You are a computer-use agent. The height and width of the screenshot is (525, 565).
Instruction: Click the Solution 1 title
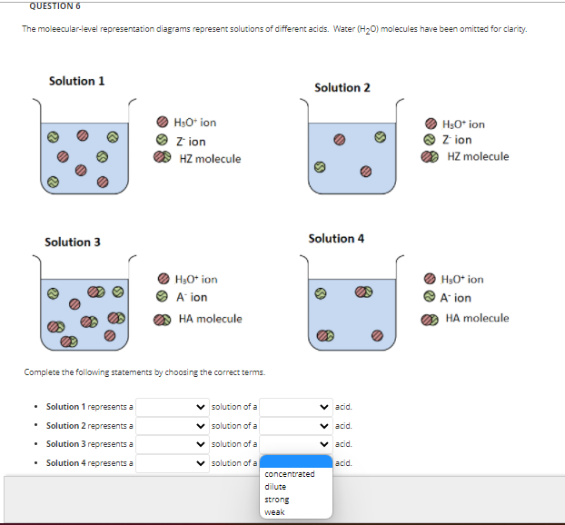(x=76, y=81)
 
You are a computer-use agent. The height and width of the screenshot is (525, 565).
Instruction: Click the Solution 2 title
(x=342, y=87)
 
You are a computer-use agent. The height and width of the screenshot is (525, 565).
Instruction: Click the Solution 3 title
(x=73, y=242)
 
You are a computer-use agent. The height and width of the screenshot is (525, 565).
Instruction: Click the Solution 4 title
(x=336, y=238)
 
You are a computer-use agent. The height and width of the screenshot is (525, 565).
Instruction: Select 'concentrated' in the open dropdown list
(x=290, y=474)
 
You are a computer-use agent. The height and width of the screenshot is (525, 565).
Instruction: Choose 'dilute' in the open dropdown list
(x=275, y=487)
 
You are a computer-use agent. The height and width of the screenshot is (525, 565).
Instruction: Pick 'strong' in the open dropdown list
(x=276, y=500)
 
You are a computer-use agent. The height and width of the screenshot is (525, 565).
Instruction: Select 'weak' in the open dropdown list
(x=274, y=512)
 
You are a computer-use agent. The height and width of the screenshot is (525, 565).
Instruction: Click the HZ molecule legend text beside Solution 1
(x=210, y=159)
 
